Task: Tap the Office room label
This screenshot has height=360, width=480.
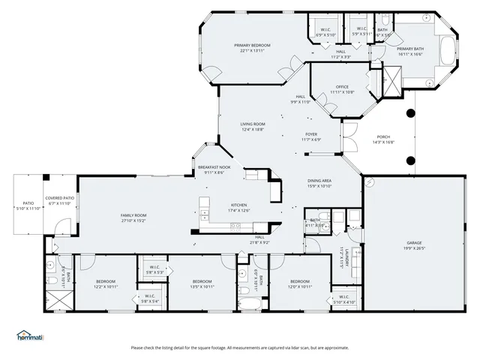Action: (342, 88)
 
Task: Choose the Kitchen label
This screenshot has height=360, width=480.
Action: (238, 207)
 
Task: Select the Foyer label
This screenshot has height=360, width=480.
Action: (311, 136)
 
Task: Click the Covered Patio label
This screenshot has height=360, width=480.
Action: (58, 200)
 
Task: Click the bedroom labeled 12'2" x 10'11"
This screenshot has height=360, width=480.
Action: (105, 284)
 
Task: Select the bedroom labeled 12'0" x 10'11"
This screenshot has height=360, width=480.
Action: (300, 284)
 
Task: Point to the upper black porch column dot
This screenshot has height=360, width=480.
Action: (409, 113)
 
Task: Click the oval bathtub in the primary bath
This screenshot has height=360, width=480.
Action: (448, 53)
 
